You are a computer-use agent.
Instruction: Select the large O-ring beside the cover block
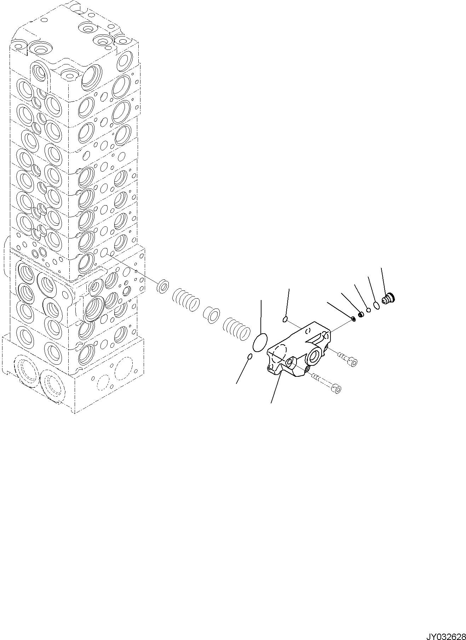(260, 342)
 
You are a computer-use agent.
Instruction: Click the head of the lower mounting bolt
(338, 389)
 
